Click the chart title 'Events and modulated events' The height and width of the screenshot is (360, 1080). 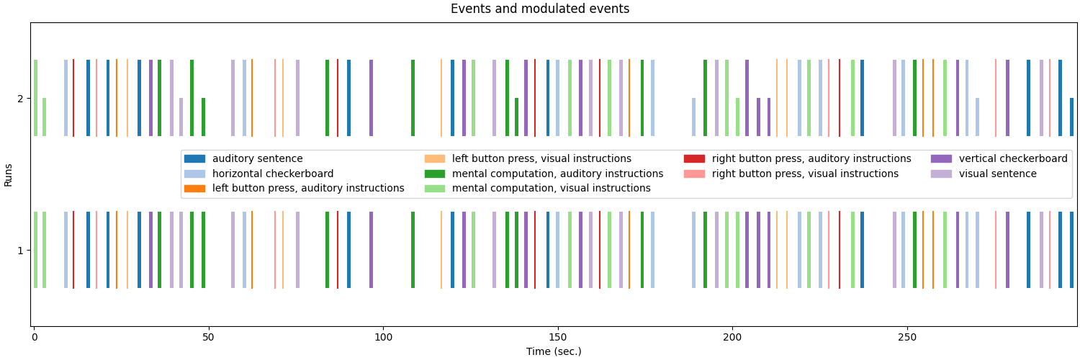[x=539, y=9]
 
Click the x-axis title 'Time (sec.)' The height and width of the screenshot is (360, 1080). [x=554, y=351]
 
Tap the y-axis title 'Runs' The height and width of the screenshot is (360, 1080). [x=9, y=174]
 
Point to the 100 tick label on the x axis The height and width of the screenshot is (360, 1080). [x=383, y=337]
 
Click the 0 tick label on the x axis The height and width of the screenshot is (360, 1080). [x=34, y=337]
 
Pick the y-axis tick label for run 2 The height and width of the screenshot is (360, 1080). [x=19, y=99]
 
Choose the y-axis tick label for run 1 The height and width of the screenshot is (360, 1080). [x=19, y=251]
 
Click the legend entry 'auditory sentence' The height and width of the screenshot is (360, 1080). [x=257, y=159]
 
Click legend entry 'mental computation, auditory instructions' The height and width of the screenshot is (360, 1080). [x=557, y=174]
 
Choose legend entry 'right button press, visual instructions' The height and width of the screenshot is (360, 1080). [x=805, y=174]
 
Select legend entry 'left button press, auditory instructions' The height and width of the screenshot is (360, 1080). [x=307, y=189]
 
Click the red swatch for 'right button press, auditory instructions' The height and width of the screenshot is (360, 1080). [x=694, y=159]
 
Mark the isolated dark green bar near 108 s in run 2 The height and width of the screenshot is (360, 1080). [x=413, y=98]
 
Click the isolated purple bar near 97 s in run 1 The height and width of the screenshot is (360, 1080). [x=372, y=250]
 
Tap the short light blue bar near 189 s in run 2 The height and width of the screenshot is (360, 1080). [x=694, y=117]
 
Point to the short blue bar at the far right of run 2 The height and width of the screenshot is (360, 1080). [x=1071, y=117]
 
